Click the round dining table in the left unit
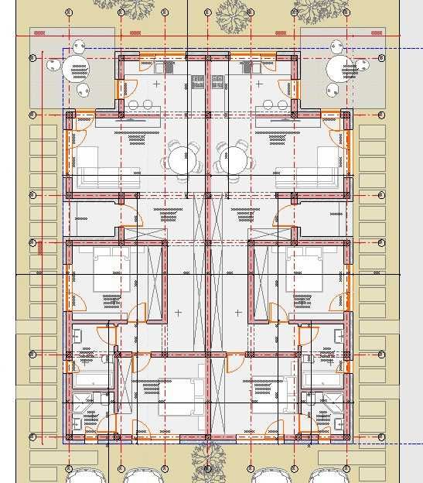click(x=180, y=160)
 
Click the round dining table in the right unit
click(x=233, y=160)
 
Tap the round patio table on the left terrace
click(x=76, y=68)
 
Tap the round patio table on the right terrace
click(x=340, y=68)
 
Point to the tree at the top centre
click(x=233, y=13)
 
